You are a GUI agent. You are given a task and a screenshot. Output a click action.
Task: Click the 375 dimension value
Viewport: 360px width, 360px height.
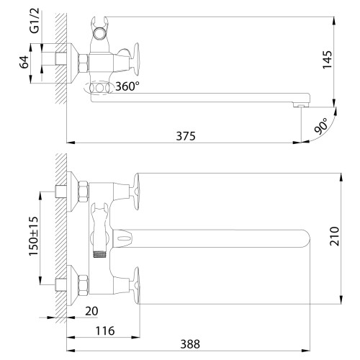click(x=186, y=136)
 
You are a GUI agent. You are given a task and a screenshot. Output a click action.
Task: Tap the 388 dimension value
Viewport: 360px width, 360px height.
click(x=190, y=344)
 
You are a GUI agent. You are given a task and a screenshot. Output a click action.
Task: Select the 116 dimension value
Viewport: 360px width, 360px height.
click(x=105, y=330)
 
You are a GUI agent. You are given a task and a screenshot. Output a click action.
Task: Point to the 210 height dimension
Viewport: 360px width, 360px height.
click(x=334, y=236)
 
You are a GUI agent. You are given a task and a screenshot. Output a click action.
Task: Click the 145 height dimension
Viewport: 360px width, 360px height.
click(x=327, y=60)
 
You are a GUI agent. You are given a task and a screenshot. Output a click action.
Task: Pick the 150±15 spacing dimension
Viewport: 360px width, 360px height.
click(x=34, y=236)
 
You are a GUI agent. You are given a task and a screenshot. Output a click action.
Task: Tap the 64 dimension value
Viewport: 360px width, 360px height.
click(x=24, y=62)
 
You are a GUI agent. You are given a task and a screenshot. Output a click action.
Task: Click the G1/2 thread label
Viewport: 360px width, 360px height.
click(x=34, y=20)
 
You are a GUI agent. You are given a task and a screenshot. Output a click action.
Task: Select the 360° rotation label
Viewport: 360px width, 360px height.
click(x=127, y=86)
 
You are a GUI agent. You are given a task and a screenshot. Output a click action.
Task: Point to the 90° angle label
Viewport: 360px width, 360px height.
click(x=321, y=126)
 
